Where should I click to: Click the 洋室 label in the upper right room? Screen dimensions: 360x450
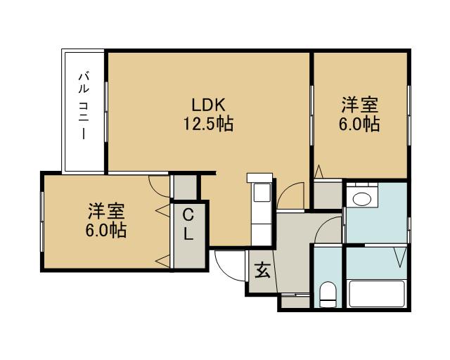point(360,105)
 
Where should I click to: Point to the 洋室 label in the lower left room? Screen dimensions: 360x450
point(107,211)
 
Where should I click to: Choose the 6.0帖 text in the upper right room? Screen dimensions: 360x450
point(360,124)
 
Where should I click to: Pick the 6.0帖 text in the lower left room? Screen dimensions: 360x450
point(107,230)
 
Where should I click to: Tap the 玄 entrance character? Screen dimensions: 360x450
point(262,271)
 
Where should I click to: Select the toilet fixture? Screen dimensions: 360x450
point(328,294)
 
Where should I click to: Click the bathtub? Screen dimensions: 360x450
point(377,293)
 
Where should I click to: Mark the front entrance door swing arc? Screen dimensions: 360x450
point(227,264)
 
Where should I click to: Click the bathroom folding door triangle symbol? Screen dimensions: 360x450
point(401,255)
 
